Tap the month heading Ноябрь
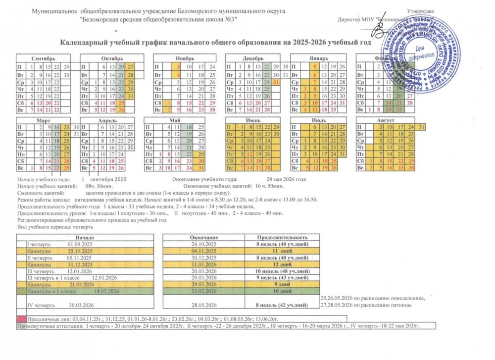click(x=181, y=58)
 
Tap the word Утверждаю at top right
click(x=421, y=11)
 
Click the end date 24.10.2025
click(x=203, y=244)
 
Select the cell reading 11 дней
click(x=282, y=251)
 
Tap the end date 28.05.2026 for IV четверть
click(x=203, y=305)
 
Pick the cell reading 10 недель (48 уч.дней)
click(x=282, y=271)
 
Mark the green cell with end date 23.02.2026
click(x=203, y=292)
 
